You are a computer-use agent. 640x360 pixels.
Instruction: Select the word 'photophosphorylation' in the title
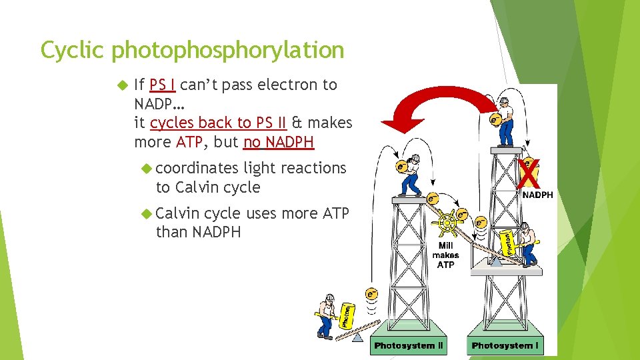click(228, 51)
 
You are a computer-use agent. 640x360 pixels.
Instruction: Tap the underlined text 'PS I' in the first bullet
click(163, 85)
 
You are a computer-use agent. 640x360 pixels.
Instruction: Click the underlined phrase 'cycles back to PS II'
click(219, 123)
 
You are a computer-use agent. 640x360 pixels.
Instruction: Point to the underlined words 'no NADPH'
click(279, 142)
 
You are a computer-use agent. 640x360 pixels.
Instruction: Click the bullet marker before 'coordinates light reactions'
click(148, 169)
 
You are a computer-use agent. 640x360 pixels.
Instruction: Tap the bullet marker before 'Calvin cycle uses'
click(148, 213)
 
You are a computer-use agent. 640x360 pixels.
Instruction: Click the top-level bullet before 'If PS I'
click(121, 85)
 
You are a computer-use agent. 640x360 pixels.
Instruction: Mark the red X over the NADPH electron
click(528, 176)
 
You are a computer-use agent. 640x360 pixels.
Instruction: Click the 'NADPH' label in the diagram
click(537, 195)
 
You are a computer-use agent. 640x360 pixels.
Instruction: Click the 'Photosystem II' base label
click(408, 345)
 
